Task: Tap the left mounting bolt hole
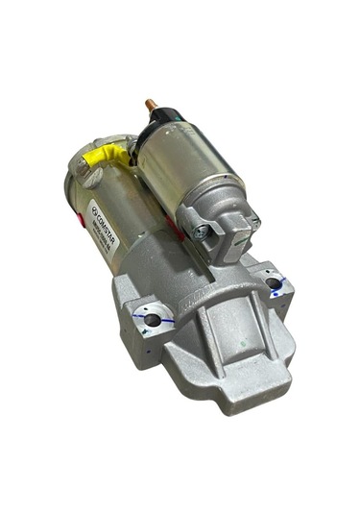tap(152, 320)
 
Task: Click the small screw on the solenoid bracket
tap(203, 232)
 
